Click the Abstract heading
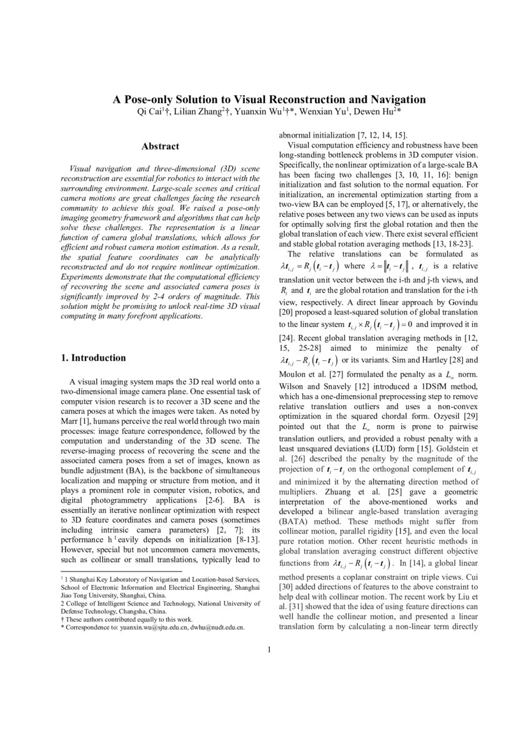(160, 146)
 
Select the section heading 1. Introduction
(93, 358)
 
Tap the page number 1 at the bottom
(269, 649)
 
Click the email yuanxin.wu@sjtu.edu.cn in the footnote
(157, 626)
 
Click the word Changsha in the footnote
(124, 612)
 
